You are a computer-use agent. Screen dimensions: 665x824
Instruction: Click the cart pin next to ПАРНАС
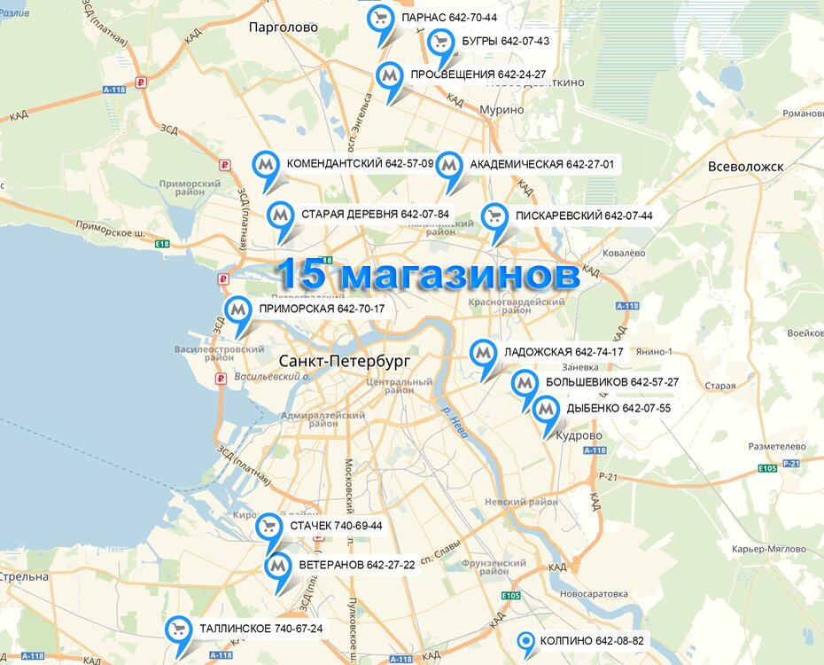[381, 20]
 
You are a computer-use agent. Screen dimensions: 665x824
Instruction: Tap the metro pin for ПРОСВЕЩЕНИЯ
[388, 75]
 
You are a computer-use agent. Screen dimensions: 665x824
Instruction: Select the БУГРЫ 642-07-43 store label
[505, 42]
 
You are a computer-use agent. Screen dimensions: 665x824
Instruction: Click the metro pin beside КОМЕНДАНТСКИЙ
[266, 165]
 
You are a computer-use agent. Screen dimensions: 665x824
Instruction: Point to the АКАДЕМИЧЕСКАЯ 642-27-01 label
[541, 165]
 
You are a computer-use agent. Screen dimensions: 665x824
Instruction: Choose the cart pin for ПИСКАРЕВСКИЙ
[494, 217]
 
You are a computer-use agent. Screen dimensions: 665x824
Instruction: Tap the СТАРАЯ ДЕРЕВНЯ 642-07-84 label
[375, 215]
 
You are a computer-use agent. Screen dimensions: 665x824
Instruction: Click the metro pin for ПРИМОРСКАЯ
[237, 310]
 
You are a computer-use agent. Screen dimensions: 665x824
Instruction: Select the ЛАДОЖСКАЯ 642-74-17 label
[564, 352]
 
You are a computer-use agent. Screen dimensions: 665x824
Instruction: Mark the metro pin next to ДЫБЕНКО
[545, 410]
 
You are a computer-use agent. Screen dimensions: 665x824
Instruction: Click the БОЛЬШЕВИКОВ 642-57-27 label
[611, 382]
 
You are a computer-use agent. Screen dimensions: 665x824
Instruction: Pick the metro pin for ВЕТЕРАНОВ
[278, 566]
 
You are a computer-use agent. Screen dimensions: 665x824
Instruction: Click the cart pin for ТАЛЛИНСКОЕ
[178, 630]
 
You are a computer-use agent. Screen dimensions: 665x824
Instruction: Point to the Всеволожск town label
[747, 167]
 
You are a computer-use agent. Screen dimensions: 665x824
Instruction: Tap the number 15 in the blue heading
[303, 275]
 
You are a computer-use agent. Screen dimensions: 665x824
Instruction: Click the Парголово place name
[284, 27]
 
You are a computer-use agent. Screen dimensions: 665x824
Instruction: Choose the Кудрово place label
[579, 436]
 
